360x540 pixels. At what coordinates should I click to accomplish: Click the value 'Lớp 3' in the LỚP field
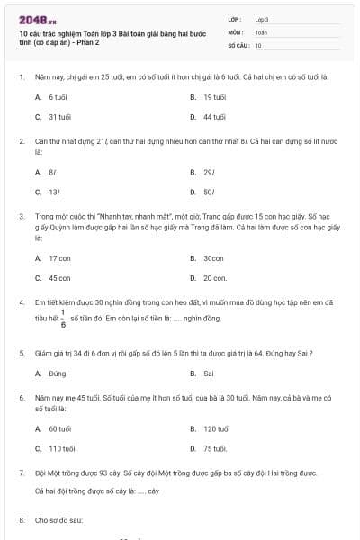(262, 19)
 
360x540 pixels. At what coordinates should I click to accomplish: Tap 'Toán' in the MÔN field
(261, 31)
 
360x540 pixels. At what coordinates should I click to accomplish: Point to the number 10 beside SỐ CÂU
(258, 44)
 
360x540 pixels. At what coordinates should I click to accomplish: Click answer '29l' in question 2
(209, 171)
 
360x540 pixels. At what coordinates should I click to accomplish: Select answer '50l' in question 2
(209, 192)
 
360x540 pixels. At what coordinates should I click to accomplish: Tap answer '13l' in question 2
(54, 192)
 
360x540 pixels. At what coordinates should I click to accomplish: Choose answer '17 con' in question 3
(59, 257)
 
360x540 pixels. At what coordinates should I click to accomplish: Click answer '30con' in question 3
(213, 257)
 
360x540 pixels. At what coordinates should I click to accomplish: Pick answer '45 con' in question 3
(59, 278)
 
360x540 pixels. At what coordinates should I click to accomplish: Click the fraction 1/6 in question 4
(63, 320)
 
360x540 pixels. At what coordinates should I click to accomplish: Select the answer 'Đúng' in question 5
(58, 373)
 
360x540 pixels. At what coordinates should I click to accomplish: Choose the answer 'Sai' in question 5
(209, 373)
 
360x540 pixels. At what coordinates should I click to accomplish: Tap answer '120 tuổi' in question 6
(217, 429)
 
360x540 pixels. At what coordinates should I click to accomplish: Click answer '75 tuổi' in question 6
(214, 448)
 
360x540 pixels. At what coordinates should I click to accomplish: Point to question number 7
(21, 472)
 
